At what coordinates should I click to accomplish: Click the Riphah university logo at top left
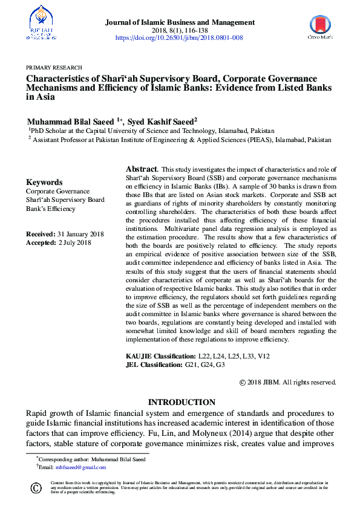[41, 23]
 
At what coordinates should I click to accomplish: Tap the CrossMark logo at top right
[320, 26]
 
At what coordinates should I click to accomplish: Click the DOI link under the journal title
[179, 37]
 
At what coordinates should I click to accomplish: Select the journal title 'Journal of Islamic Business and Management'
[180, 22]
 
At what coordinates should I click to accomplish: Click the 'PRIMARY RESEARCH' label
[54, 68]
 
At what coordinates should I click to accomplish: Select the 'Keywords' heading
[44, 182]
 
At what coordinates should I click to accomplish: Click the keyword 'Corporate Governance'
[58, 191]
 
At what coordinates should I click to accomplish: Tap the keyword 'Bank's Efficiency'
[51, 209]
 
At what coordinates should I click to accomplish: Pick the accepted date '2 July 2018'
[75, 242]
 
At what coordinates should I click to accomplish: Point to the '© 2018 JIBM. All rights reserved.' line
[287, 382]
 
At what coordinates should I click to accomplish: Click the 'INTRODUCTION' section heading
[182, 402]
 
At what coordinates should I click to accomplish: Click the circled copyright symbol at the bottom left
[36, 487]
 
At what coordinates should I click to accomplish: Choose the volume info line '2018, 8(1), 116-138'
[180, 30]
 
